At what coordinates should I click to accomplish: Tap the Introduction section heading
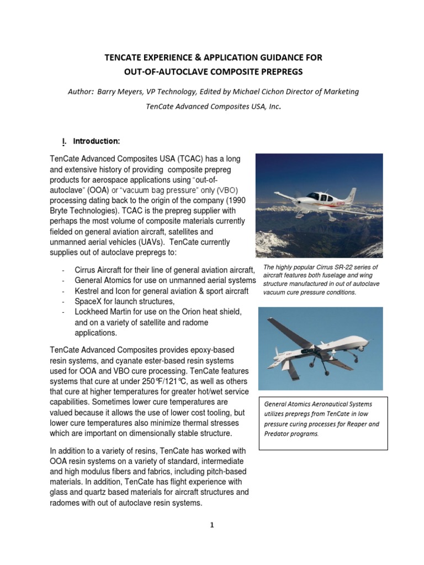tap(97, 141)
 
